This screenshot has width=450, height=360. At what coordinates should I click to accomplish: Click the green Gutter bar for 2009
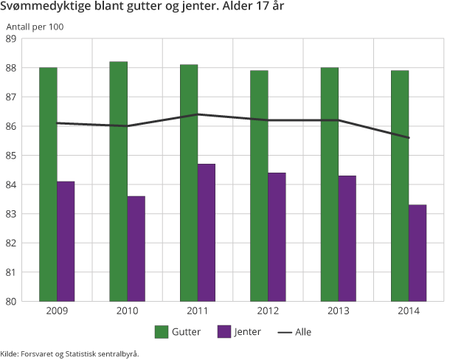point(48,184)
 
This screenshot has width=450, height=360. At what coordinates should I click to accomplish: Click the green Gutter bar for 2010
point(118,181)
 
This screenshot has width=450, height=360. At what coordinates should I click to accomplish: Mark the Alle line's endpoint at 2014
point(409,138)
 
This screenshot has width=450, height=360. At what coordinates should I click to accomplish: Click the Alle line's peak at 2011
point(198,114)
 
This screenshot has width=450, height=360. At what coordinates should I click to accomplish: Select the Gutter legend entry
point(178,332)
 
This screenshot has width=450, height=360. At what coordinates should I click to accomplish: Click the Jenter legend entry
point(239,332)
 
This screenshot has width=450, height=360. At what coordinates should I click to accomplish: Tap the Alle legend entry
point(294,332)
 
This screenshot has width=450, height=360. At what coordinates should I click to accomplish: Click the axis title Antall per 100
point(35,27)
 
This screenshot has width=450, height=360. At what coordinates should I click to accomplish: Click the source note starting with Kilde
point(69,353)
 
